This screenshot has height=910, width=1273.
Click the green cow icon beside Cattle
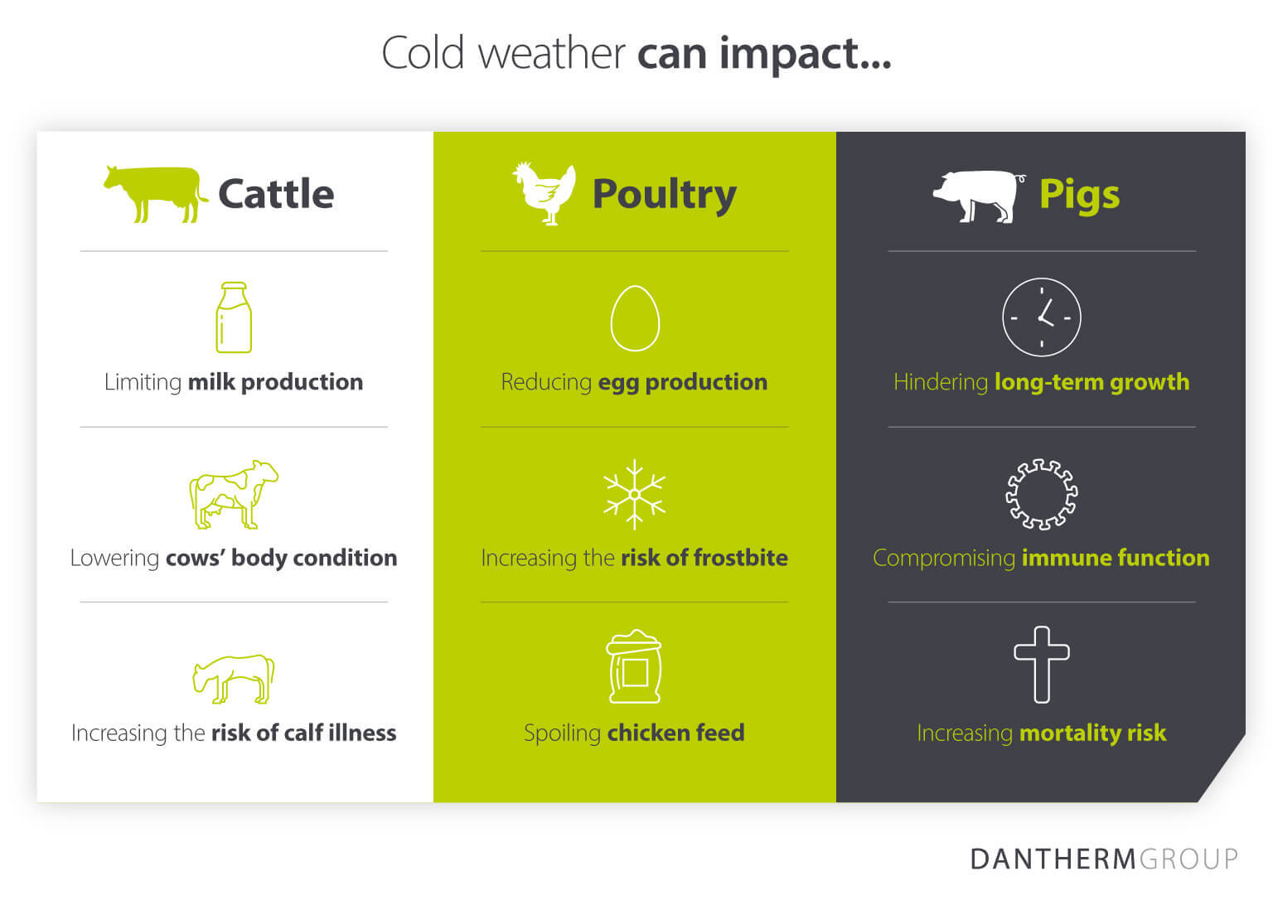point(153,193)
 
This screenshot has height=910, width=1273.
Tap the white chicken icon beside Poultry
point(545,193)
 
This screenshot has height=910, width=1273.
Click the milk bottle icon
point(234,317)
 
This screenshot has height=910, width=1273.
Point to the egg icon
point(635,318)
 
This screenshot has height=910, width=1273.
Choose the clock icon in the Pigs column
point(1042,317)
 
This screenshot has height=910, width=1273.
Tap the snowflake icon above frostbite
point(635,494)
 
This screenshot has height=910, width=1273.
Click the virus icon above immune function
point(1042,495)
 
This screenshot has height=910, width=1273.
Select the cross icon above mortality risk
point(1042,664)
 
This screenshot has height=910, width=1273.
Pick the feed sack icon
point(635,666)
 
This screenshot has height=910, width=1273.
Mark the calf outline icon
point(234,679)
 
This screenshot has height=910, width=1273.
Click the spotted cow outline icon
point(234,494)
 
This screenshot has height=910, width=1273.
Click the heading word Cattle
point(276,195)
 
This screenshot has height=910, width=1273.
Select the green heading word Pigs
point(1079,196)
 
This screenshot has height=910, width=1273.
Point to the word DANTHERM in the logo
point(1053,859)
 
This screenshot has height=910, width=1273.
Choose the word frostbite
point(740,558)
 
